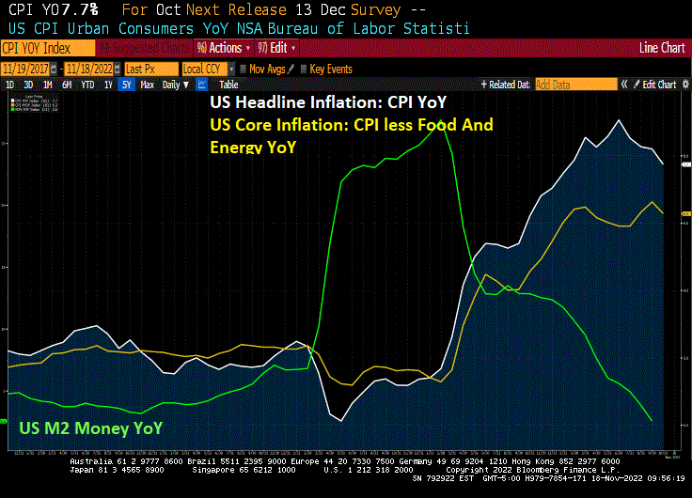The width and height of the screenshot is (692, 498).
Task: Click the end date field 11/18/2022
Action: [92, 69]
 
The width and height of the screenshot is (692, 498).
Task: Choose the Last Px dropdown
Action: [149, 69]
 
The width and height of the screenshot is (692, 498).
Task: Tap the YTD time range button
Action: [87, 85]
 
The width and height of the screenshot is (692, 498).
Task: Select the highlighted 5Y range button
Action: [126, 85]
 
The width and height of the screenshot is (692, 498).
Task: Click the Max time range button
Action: [147, 85]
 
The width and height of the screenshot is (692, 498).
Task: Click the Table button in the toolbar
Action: [228, 85]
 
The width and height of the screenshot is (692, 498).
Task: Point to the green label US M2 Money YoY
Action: [91, 428]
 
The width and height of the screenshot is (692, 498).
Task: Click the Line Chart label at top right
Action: [661, 47]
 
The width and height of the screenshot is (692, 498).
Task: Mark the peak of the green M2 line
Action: [438, 121]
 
